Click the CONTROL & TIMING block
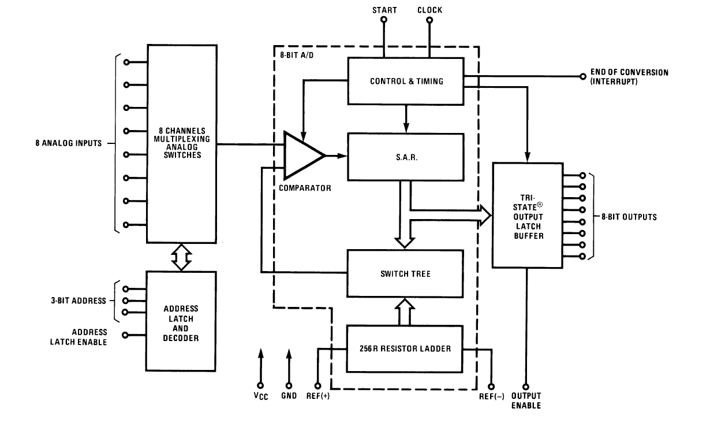pyautogui.click(x=406, y=81)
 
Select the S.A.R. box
pyautogui.click(x=406, y=157)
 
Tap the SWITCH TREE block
pyautogui.click(x=405, y=273)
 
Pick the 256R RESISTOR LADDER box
pyautogui.click(x=405, y=349)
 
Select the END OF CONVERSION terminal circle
pyautogui.click(x=582, y=76)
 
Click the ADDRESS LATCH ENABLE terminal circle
pyautogui.click(x=126, y=335)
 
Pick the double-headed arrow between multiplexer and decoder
pyautogui.click(x=182, y=257)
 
